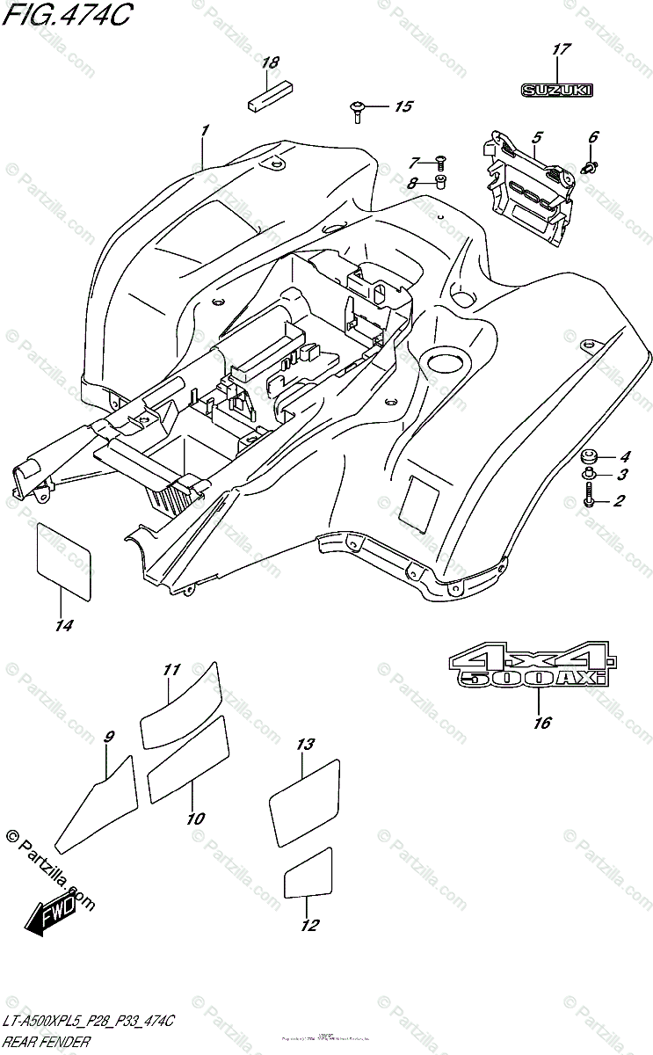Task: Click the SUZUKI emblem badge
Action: coord(557,90)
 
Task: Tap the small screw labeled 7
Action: coord(440,162)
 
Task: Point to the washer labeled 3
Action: coord(588,477)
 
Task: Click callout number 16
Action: coord(541,723)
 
